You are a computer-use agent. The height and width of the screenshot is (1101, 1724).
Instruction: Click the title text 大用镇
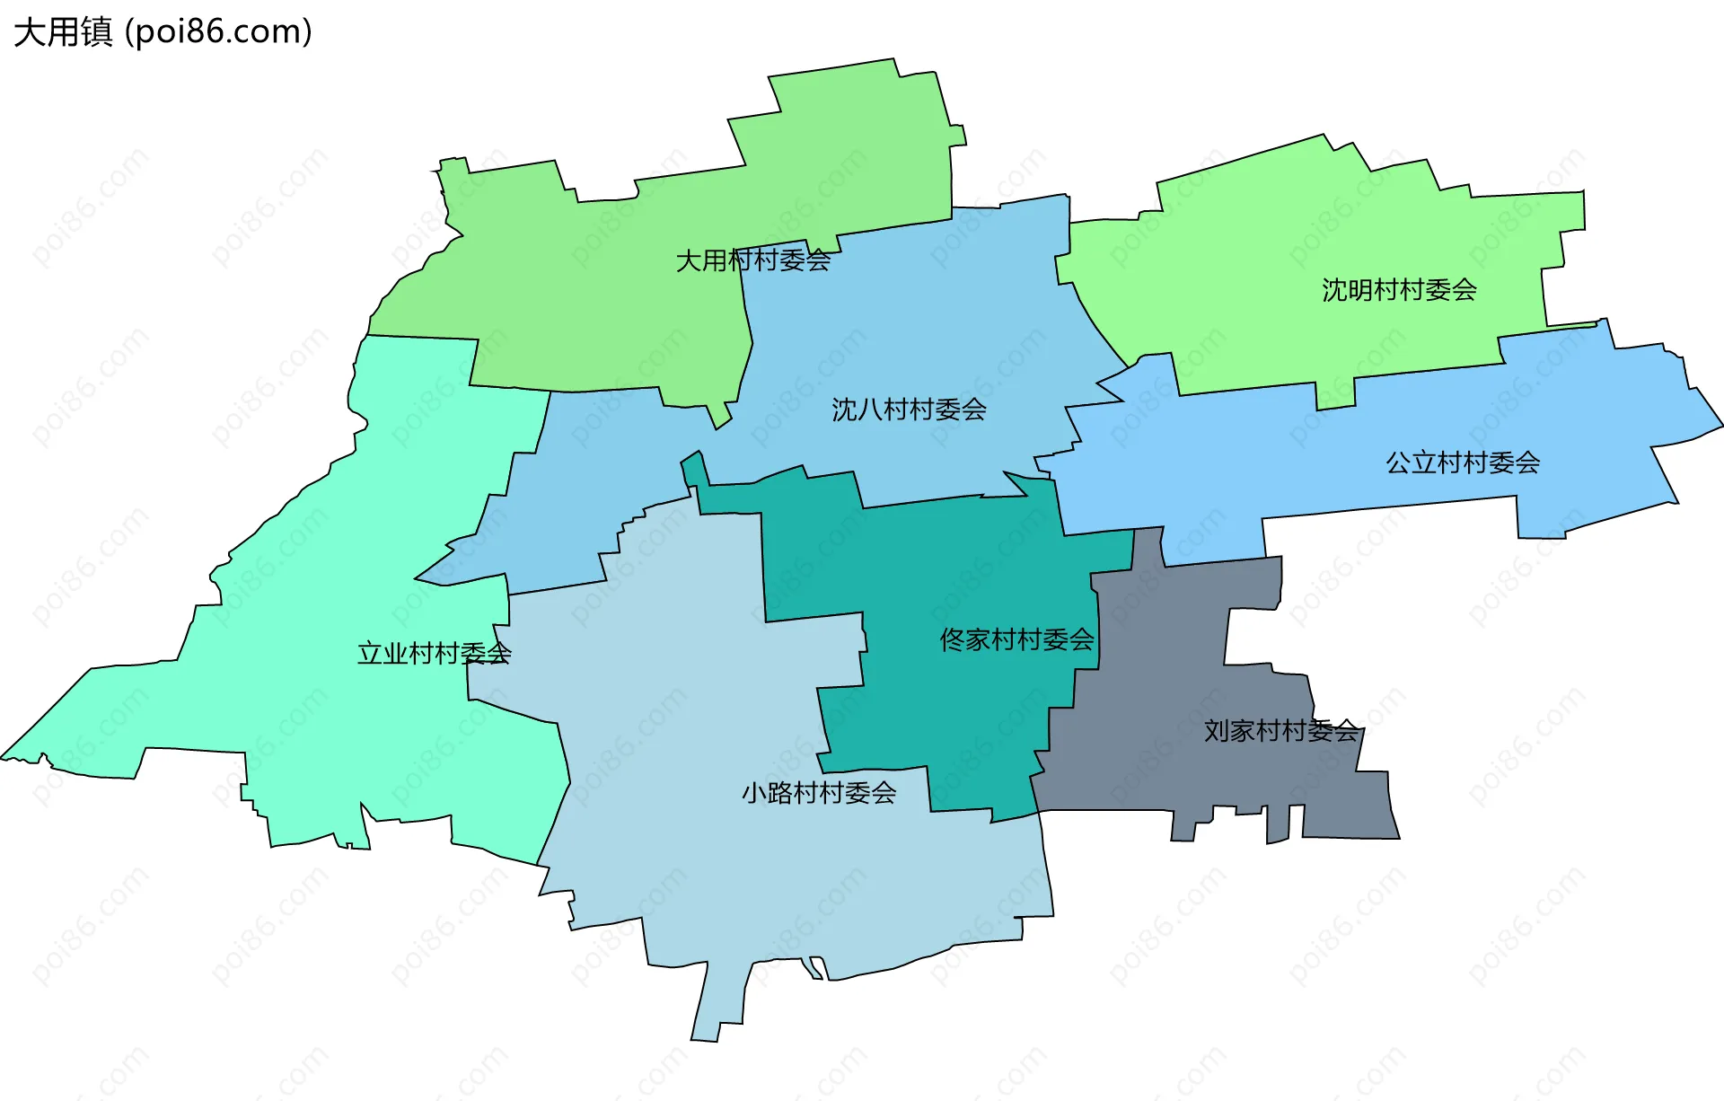point(63,32)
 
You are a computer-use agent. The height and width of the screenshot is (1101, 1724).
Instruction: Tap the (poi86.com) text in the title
point(218,32)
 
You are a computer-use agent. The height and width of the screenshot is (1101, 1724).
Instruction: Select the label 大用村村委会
point(752,260)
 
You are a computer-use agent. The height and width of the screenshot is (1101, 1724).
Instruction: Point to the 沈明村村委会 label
point(1399,290)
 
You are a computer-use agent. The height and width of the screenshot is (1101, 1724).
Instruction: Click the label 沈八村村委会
point(909,410)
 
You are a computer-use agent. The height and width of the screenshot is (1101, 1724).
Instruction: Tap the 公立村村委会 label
point(1463,462)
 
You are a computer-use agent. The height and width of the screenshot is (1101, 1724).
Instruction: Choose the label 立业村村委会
point(435,653)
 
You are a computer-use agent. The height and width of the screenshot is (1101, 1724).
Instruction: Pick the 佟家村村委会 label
point(1016,639)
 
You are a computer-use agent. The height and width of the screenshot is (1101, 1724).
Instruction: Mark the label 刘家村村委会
point(1280,730)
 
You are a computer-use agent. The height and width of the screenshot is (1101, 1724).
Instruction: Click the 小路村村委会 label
point(819,792)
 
